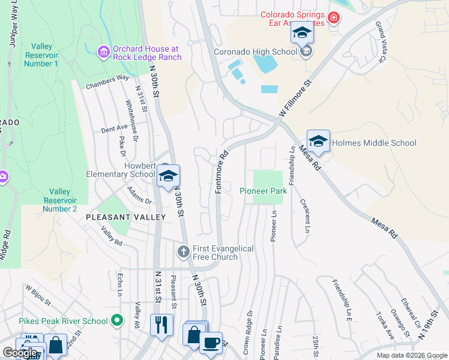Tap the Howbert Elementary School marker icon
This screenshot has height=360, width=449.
tap(169, 176)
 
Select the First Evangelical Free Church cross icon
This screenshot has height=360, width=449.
tap(184, 251)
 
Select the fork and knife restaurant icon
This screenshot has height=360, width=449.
tap(161, 325)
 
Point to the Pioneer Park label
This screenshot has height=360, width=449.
tap(263, 191)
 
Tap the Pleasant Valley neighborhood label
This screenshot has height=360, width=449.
tap(125, 217)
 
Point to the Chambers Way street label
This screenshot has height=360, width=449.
tap(107, 82)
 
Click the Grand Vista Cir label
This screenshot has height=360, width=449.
tap(380, 43)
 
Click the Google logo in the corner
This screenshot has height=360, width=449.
tap(20, 353)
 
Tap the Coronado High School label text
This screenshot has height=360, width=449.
tap(255, 52)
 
